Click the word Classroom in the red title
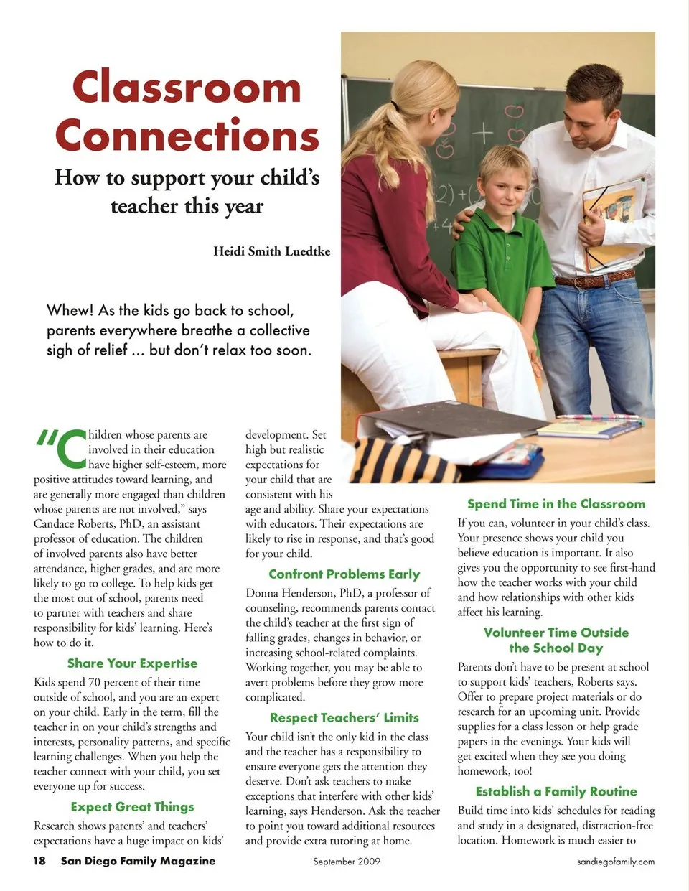point(187,88)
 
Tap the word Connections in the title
point(187,135)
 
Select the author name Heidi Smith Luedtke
point(271,251)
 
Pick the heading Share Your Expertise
point(132,663)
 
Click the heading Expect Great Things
point(132,807)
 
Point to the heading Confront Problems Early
point(344,574)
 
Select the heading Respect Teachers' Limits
point(344,718)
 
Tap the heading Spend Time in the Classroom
point(556,504)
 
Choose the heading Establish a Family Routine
point(556,791)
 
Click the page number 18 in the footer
point(39,861)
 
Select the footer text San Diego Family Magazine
point(138,861)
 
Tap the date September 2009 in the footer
point(346,862)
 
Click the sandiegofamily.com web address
point(616,862)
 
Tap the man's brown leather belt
point(596,279)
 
